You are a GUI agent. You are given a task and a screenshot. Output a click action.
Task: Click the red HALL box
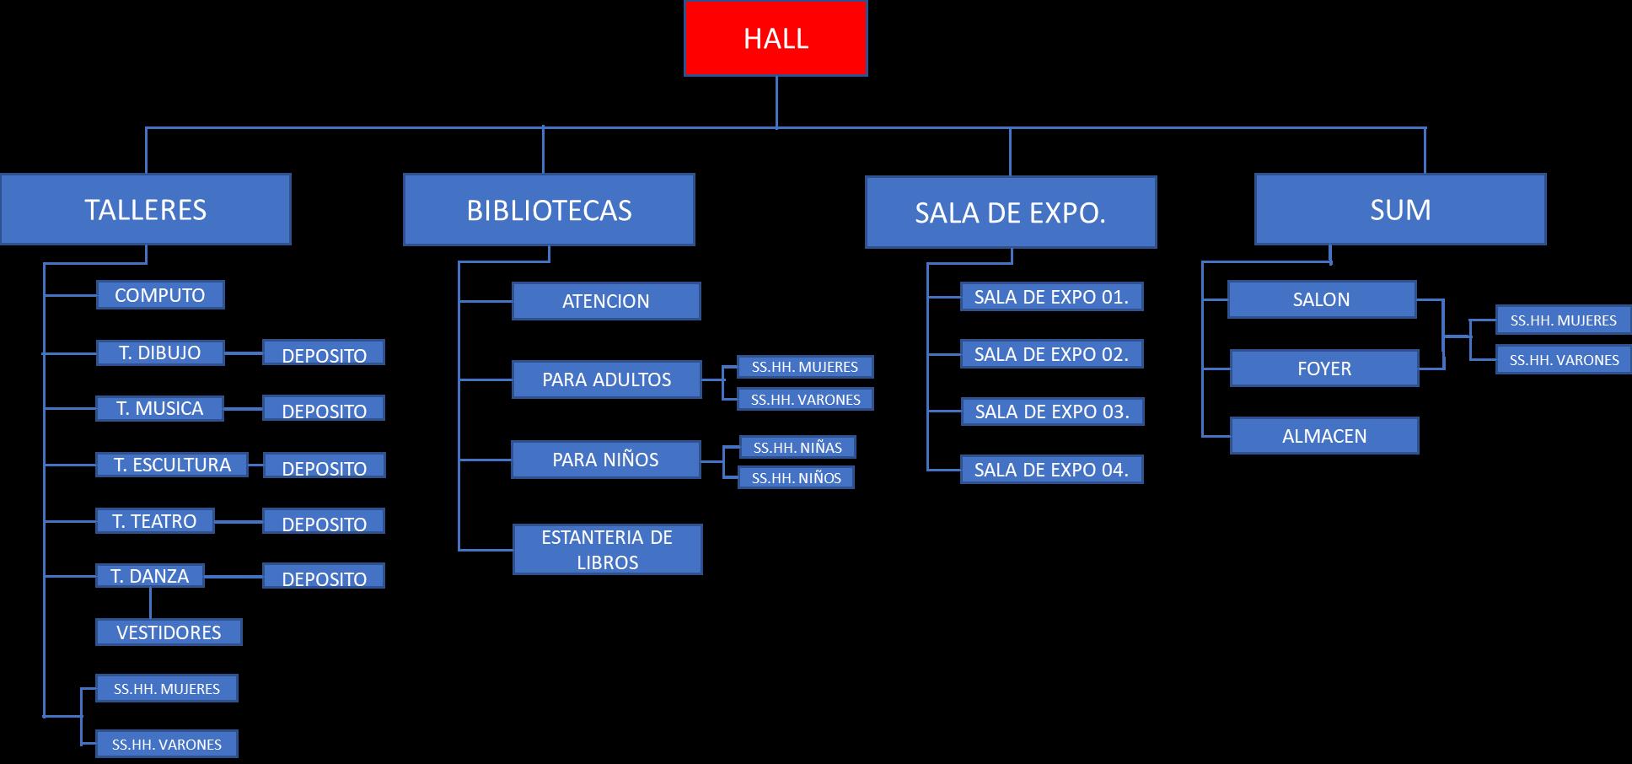(x=776, y=39)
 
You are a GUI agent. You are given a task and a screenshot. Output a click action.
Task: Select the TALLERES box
(x=146, y=209)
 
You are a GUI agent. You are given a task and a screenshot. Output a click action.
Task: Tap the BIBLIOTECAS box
(x=549, y=210)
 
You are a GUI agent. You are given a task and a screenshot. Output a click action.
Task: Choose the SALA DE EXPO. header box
(x=1011, y=213)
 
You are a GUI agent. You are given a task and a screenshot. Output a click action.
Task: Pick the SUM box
(x=1400, y=209)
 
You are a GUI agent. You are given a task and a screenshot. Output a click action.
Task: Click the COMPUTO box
(x=160, y=295)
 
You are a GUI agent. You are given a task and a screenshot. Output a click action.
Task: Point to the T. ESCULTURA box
(x=172, y=465)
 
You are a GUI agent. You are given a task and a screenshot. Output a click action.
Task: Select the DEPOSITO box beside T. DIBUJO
(x=324, y=353)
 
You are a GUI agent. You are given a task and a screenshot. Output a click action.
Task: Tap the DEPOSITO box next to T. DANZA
(x=324, y=577)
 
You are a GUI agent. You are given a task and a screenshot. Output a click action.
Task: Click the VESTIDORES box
(x=169, y=632)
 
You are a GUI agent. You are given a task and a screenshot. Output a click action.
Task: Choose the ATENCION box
(x=606, y=301)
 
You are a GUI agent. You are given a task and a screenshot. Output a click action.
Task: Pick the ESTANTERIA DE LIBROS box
(x=607, y=550)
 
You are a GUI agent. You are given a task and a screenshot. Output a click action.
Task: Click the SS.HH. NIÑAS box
(x=797, y=448)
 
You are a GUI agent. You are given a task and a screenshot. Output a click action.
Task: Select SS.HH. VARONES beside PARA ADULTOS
(x=806, y=400)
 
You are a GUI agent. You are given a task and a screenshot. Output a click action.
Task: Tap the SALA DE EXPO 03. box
(x=1052, y=412)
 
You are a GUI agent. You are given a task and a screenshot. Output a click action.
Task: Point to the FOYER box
(x=1324, y=369)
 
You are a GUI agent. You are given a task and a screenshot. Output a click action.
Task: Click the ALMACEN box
(x=1324, y=436)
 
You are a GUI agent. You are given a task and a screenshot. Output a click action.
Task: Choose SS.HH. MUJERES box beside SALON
(x=1563, y=320)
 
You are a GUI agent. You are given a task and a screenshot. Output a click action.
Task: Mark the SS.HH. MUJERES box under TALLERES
(x=167, y=689)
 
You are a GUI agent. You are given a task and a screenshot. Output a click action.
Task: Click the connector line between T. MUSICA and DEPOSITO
(x=243, y=409)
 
